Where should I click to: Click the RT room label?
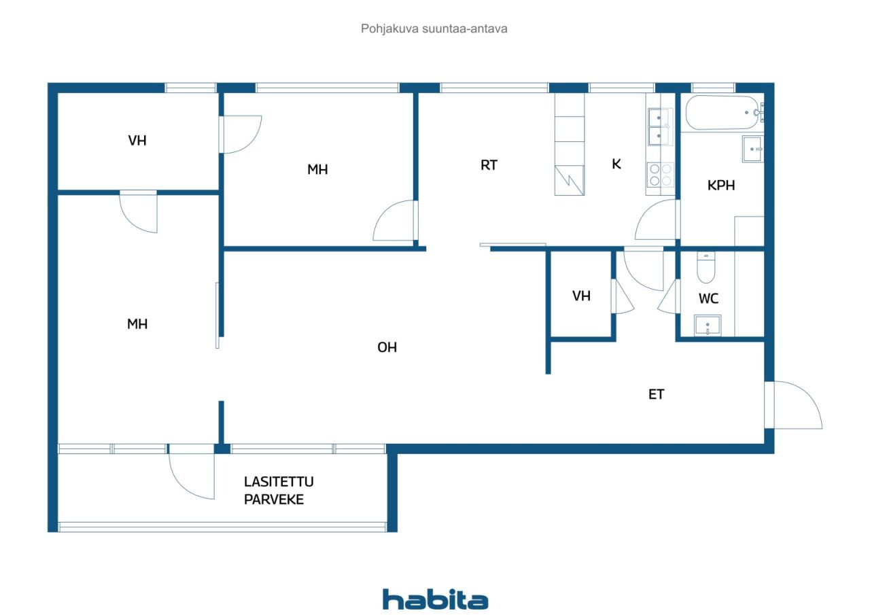click(x=489, y=164)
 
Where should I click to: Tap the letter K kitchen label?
click(x=616, y=164)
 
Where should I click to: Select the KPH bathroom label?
click(x=721, y=185)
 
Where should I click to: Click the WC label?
click(x=708, y=298)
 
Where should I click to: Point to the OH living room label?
click(x=387, y=347)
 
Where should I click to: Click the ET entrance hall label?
click(x=656, y=393)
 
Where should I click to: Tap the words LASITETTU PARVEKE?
click(x=279, y=491)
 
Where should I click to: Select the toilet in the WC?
click(x=706, y=268)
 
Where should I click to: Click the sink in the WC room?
click(x=708, y=326)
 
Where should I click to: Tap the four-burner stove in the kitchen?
click(x=659, y=175)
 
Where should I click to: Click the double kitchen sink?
click(x=659, y=127)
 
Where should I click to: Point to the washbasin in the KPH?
click(x=752, y=149)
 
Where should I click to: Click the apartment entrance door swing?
click(x=797, y=406)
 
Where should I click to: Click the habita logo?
click(x=435, y=600)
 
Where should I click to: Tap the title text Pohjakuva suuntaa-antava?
click(x=434, y=29)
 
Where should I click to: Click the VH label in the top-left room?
click(x=137, y=141)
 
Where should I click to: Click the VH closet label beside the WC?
click(x=581, y=296)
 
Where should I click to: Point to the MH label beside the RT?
click(x=317, y=169)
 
